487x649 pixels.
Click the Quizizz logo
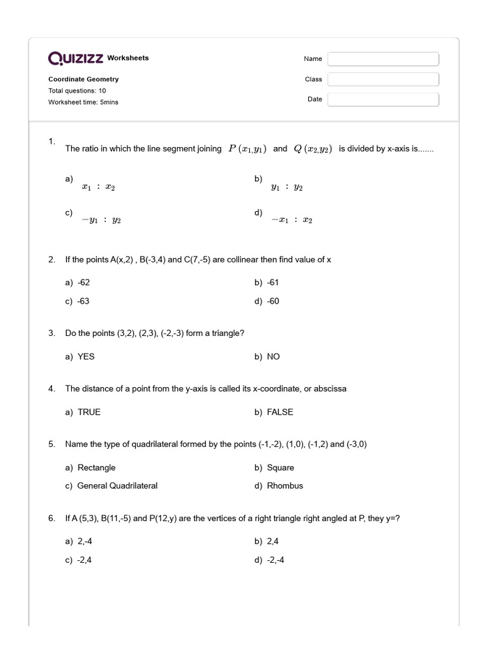tap(76, 58)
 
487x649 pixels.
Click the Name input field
tap(383, 59)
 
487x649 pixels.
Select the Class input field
tap(383, 79)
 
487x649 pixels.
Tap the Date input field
tap(383, 100)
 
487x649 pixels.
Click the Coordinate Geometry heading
tap(83, 79)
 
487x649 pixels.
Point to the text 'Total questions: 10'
tap(77, 91)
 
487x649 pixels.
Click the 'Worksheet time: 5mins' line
tap(83, 102)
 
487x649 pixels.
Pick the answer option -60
tap(273, 301)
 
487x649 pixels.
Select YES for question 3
tap(86, 357)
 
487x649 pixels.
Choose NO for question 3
tap(273, 357)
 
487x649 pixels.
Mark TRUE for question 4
tap(89, 412)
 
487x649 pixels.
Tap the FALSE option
tap(280, 412)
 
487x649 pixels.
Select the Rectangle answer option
tap(96, 468)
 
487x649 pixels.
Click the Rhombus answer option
tap(285, 485)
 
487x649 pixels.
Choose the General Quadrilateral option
tap(117, 485)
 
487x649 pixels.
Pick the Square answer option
tap(280, 468)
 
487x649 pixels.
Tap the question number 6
tap(51, 518)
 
